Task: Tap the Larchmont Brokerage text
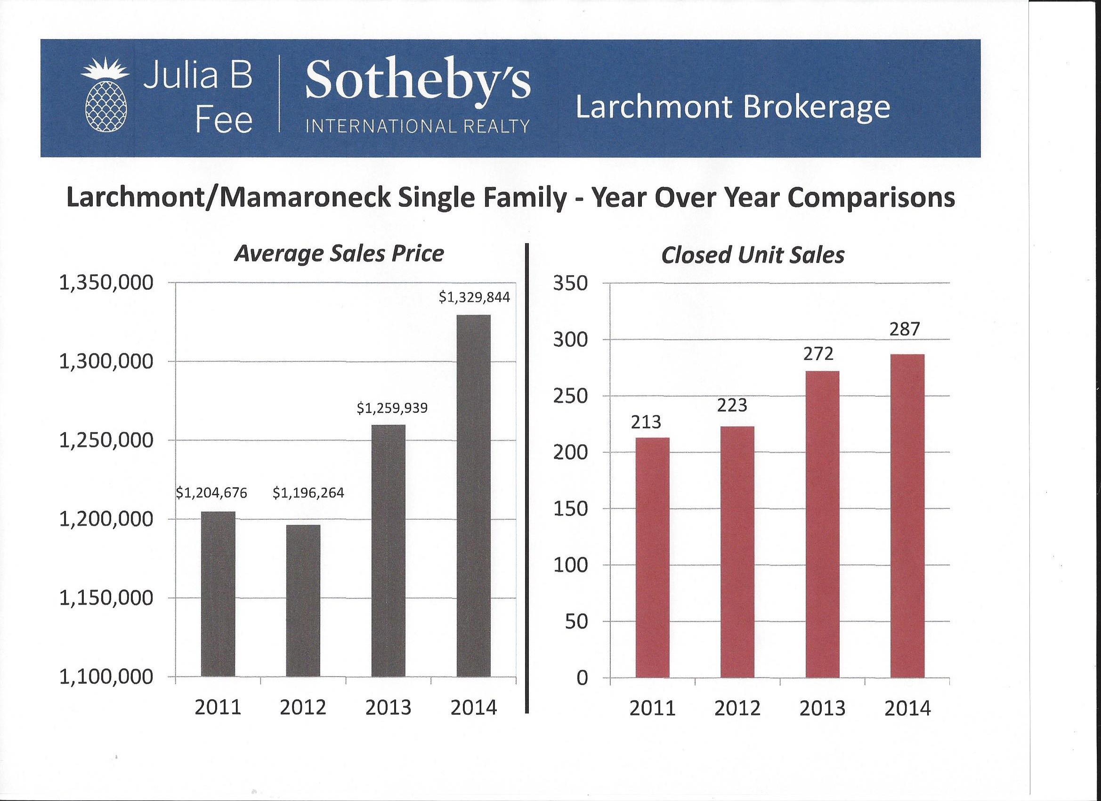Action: (x=733, y=108)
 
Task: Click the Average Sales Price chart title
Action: (x=339, y=254)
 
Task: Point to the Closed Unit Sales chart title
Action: (x=753, y=255)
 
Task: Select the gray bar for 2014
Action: (x=473, y=496)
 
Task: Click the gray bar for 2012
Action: (x=303, y=600)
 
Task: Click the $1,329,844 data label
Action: (x=474, y=297)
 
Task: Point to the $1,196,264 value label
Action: (x=308, y=493)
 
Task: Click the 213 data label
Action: (x=646, y=422)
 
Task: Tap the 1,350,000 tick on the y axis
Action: (x=106, y=283)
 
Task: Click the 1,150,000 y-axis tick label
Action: (x=106, y=598)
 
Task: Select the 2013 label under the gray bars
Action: (x=389, y=708)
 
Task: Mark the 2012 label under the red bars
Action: (x=737, y=709)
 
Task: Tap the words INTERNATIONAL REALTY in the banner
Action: (x=418, y=127)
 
